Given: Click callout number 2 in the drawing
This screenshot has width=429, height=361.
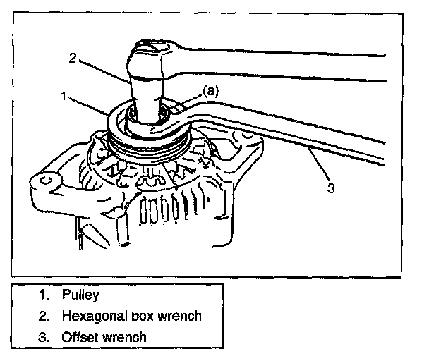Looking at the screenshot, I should tap(73, 59).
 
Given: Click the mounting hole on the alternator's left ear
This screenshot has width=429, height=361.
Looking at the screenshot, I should tap(44, 180).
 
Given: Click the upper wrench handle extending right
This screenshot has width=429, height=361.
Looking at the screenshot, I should tap(296, 60).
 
